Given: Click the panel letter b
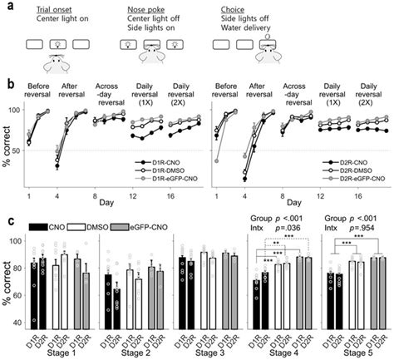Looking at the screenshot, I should pos(7,83).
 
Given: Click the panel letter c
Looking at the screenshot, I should pos(7,220).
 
